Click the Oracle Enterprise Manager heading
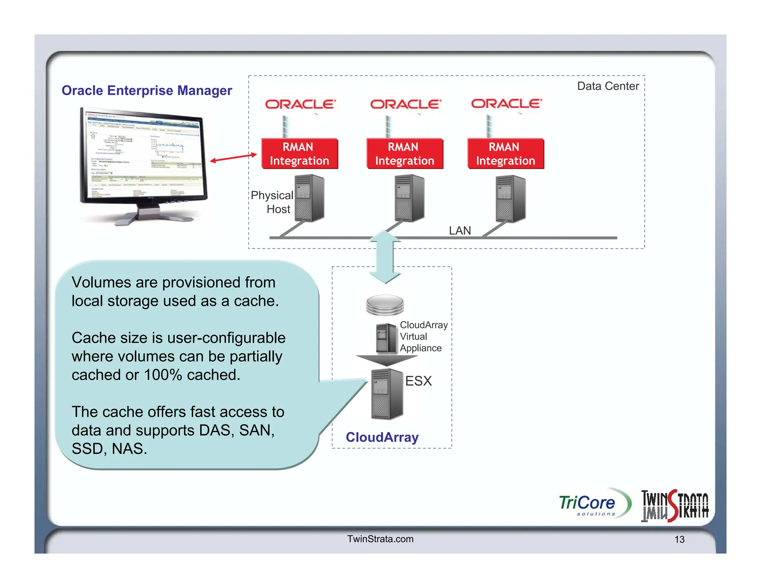[x=147, y=90]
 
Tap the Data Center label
[x=608, y=86]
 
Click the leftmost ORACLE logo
[x=300, y=104]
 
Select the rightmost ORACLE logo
[x=506, y=103]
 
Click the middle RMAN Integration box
[x=405, y=154]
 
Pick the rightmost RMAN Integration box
[x=505, y=154]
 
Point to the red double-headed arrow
[x=233, y=158]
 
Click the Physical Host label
[x=272, y=202]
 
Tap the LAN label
[x=460, y=231]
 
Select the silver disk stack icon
[x=385, y=305]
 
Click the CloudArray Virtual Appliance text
[x=423, y=336]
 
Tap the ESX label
[x=418, y=381]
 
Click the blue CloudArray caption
[x=382, y=437]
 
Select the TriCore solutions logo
[x=594, y=504]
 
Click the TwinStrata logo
[x=674, y=505]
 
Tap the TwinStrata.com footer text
[x=380, y=539]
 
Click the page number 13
[x=679, y=539]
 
